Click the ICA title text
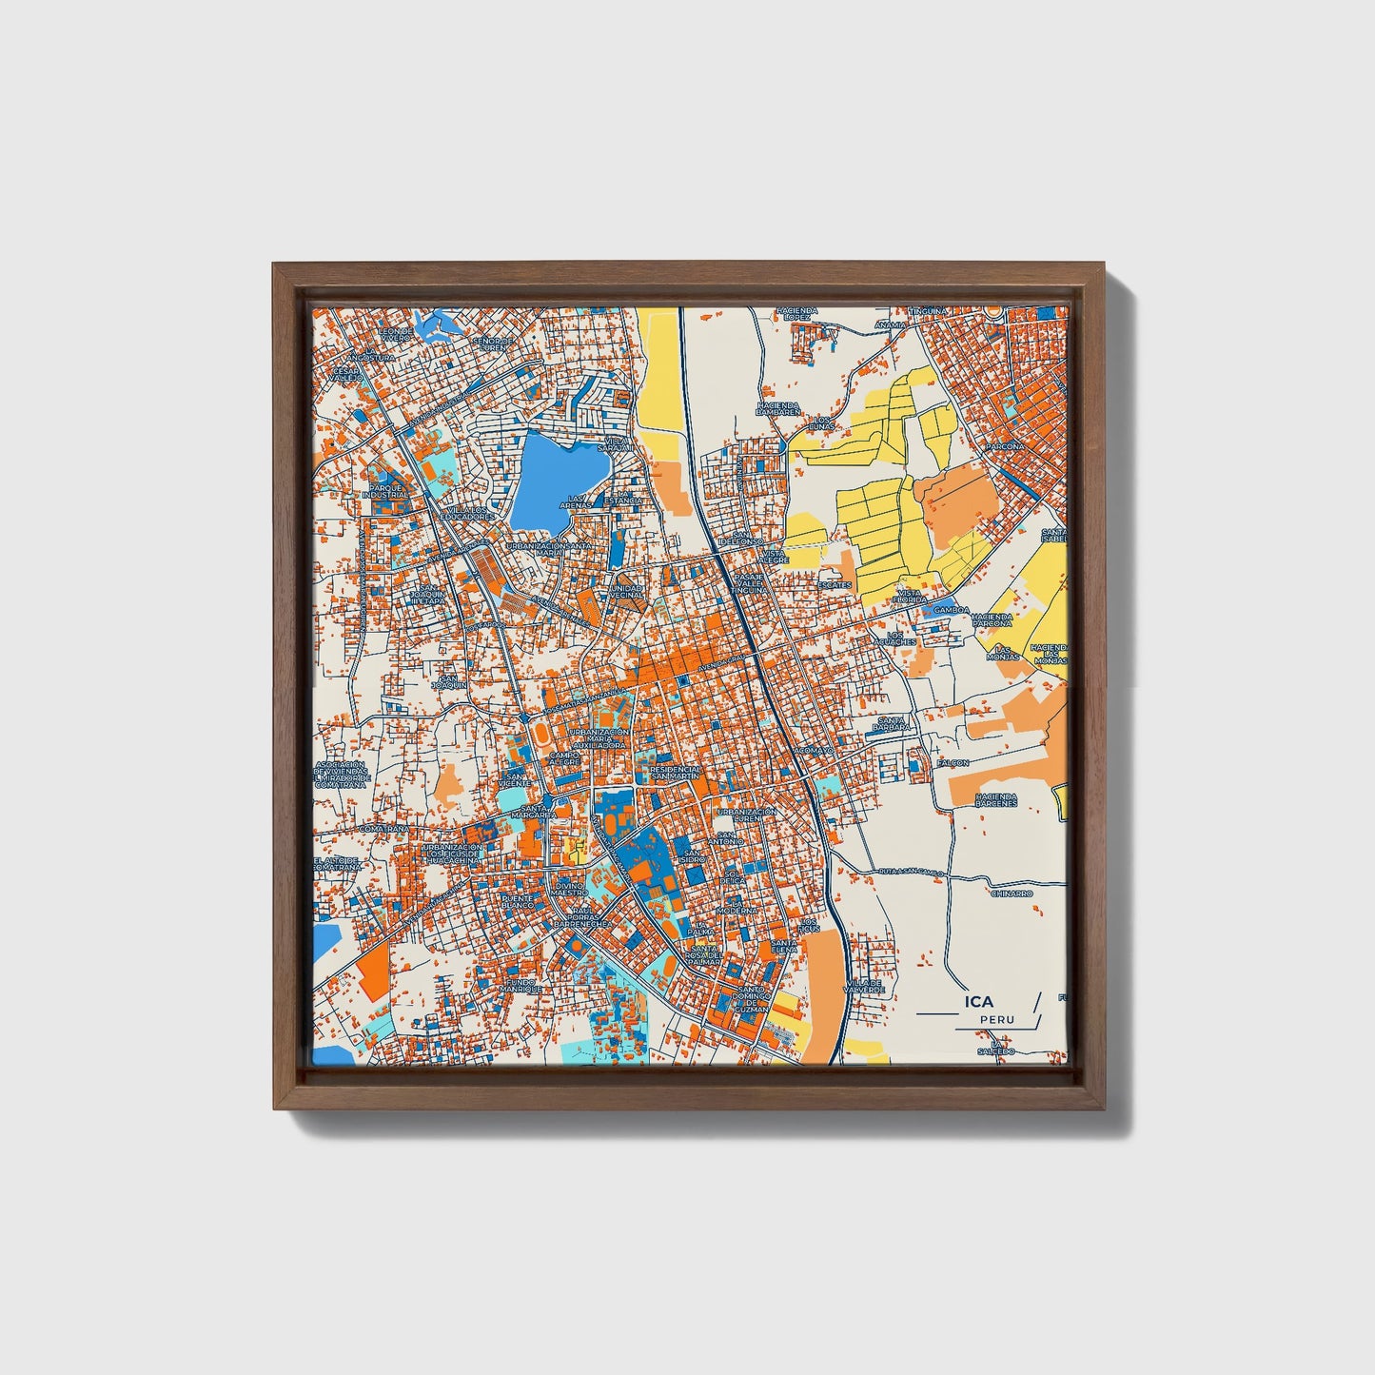978,1001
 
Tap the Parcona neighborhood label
1005,445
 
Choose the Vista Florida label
911,597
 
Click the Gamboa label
951,610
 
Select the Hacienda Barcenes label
996,799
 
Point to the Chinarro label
1012,894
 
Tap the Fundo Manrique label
523,985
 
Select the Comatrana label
383,829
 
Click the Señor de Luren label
494,343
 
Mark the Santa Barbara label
894,724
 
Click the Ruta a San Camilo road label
912,871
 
